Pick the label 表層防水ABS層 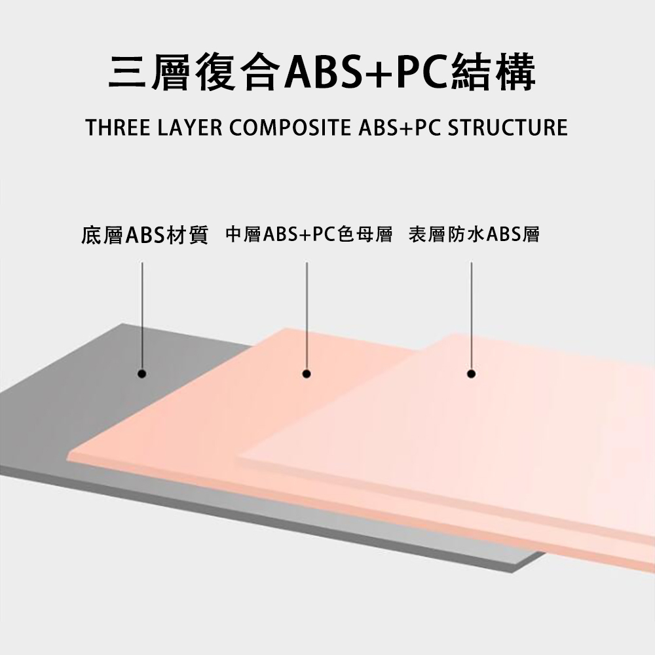474,234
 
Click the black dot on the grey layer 141,374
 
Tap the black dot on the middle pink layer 306,374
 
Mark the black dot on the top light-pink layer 471,374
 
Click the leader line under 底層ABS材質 141,314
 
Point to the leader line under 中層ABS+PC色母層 306,314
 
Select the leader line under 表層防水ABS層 471,314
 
